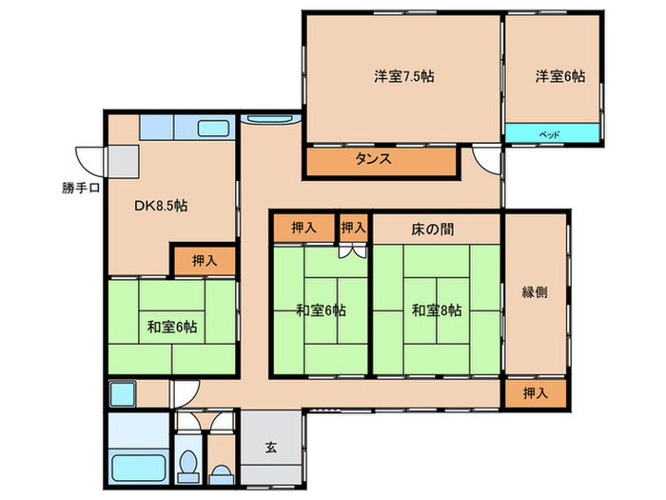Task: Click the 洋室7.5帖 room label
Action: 404,76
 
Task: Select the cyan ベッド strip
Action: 552,134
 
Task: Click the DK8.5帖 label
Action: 159,204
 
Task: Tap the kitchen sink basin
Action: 212,129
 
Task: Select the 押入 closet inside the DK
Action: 204,259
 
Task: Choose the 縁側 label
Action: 535,293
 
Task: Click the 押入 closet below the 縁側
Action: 535,392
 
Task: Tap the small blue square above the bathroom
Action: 124,392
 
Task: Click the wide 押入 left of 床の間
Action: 304,229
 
